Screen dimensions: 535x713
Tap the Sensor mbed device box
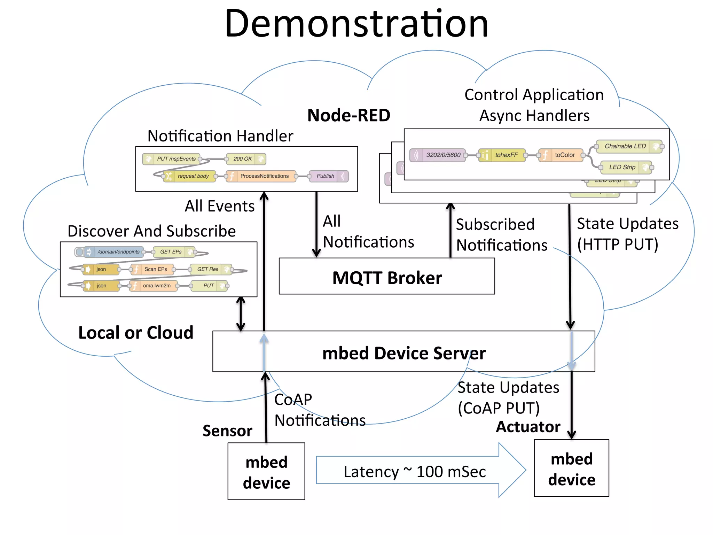coord(266,472)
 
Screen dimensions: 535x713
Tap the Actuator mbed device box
coord(571,468)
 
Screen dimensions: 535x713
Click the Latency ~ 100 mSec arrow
coord(414,471)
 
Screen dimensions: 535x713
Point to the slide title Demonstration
coord(356,24)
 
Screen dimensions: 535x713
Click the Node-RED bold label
coord(348,115)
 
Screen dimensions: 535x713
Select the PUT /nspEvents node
coord(172,159)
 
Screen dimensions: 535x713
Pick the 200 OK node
coord(245,159)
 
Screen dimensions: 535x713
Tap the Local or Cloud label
coord(136,333)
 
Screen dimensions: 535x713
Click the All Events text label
coord(219,206)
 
